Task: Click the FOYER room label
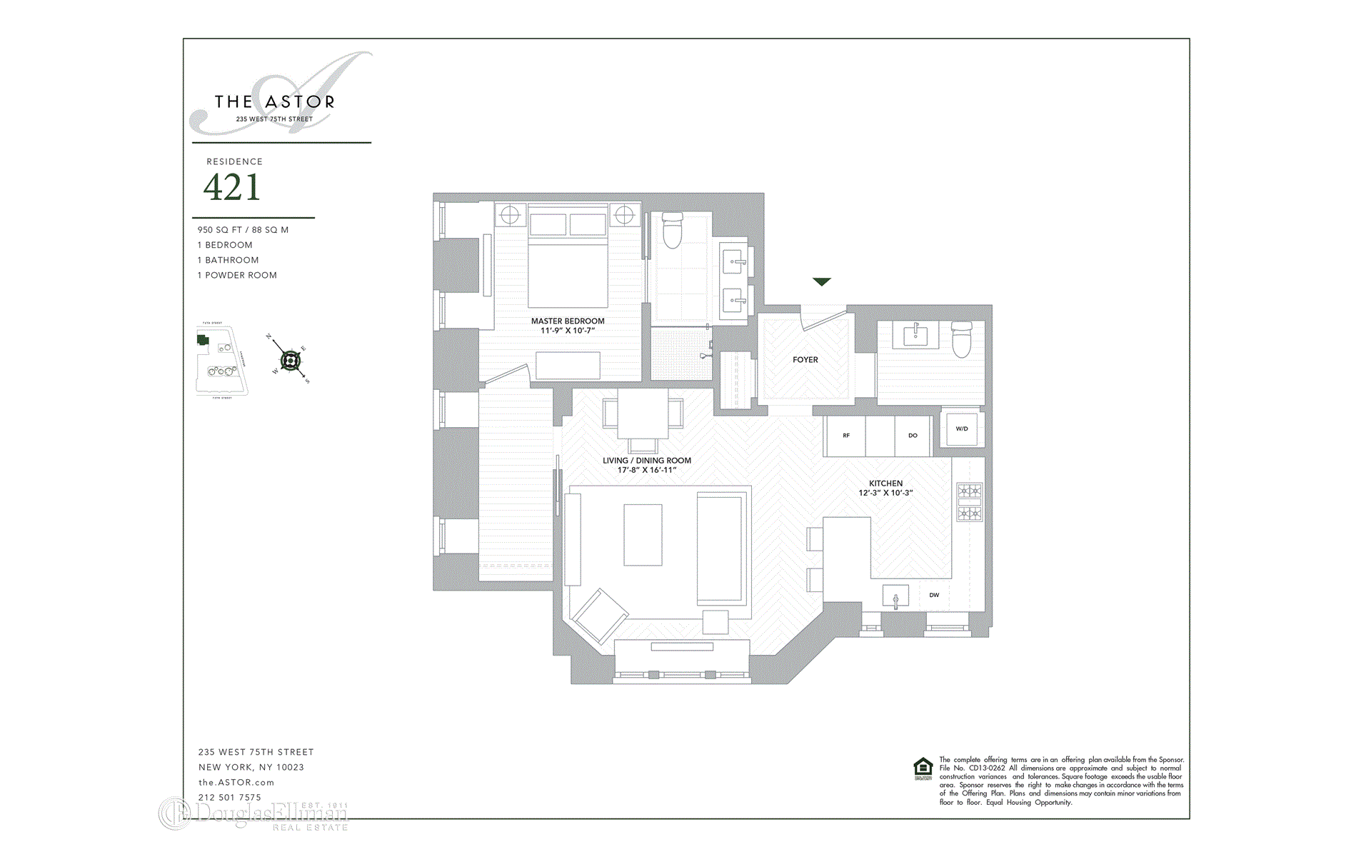(x=805, y=360)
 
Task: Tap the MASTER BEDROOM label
(x=568, y=321)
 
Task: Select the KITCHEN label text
(x=885, y=483)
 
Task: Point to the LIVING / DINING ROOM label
(x=647, y=461)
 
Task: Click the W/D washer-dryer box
(x=962, y=429)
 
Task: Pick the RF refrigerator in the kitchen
(x=845, y=436)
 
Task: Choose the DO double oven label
(x=913, y=436)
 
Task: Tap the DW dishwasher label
(x=934, y=595)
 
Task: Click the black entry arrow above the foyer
(x=822, y=282)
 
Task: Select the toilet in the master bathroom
(x=673, y=230)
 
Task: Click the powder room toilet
(x=962, y=340)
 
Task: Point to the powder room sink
(x=915, y=334)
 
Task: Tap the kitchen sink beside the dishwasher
(x=895, y=597)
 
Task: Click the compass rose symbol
(x=290, y=361)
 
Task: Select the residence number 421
(x=232, y=187)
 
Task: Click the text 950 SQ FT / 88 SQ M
(x=243, y=230)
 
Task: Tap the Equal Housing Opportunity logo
(x=923, y=768)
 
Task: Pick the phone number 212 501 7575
(x=230, y=798)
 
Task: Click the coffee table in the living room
(x=643, y=535)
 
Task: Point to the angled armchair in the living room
(x=598, y=616)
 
